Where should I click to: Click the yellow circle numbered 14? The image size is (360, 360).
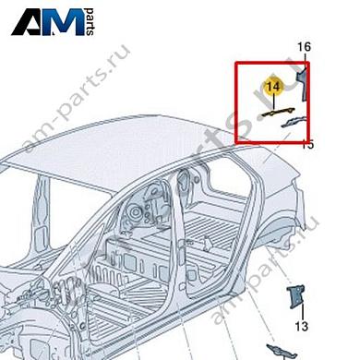pyautogui.click(x=271, y=86)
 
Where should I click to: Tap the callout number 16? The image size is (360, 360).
pyautogui.click(x=304, y=47)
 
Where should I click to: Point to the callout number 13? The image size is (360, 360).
pyautogui.click(x=301, y=327)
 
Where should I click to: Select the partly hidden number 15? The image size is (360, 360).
pyautogui.click(x=308, y=144)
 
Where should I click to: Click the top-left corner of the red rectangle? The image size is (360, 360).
pyautogui.click(x=236, y=62)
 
